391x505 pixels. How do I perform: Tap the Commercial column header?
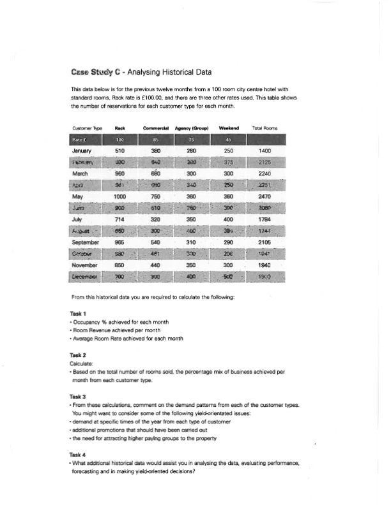[156, 128]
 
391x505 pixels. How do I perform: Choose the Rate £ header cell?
[80, 140]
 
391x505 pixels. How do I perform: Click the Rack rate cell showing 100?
[119, 140]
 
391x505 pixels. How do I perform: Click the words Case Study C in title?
[94, 71]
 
